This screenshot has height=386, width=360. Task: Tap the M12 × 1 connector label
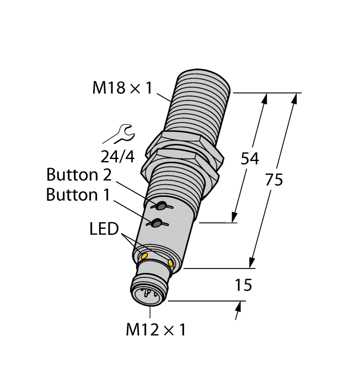(156, 329)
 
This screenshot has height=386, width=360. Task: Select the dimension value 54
(250, 159)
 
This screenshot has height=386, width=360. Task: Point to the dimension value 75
(273, 180)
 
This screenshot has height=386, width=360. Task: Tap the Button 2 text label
(79, 175)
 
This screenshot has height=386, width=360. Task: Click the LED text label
(104, 229)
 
